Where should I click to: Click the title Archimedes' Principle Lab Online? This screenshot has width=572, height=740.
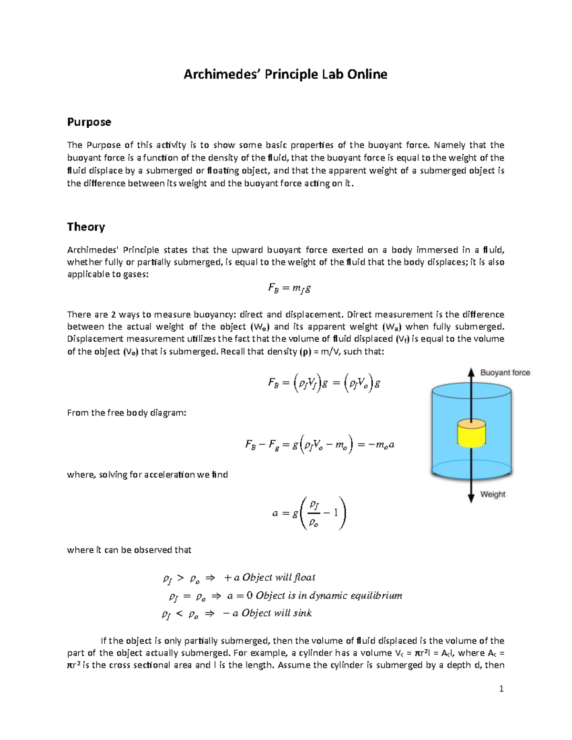(x=285, y=74)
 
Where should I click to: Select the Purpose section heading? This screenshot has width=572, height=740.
(x=89, y=122)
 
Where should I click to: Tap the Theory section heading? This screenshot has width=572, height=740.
(x=86, y=227)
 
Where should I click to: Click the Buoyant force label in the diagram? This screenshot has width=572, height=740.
(x=505, y=373)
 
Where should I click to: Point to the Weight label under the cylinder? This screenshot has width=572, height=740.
(x=492, y=494)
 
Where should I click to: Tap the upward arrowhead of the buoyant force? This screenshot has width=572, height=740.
(x=471, y=372)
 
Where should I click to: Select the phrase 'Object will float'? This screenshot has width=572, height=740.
(x=279, y=578)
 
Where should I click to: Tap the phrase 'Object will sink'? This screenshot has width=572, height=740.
(x=276, y=613)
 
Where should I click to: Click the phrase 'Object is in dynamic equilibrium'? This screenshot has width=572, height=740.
(x=329, y=596)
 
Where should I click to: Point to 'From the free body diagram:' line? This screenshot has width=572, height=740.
(x=126, y=413)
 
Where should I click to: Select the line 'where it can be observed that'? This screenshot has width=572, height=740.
(x=129, y=550)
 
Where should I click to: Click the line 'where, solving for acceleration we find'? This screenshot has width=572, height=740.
(x=147, y=475)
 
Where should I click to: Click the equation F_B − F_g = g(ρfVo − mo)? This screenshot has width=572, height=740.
(x=319, y=445)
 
